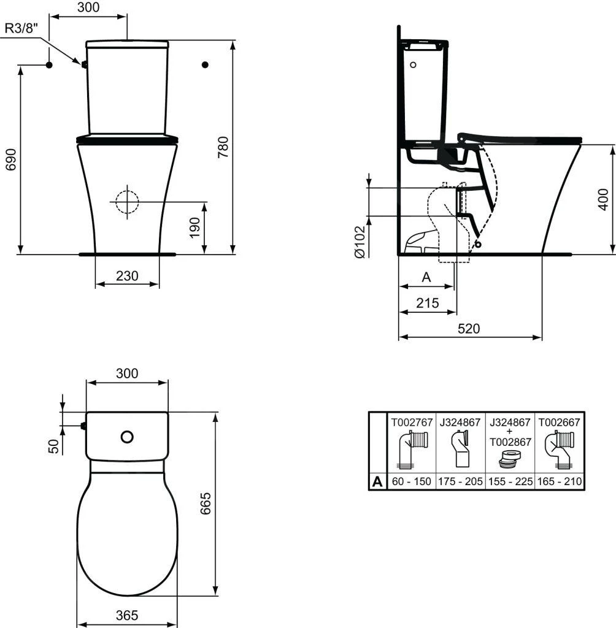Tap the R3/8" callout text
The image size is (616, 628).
point(21,28)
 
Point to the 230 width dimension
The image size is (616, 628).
point(127,277)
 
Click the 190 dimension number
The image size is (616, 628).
point(194,227)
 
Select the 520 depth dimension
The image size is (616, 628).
point(469,329)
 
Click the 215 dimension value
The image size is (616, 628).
point(427,303)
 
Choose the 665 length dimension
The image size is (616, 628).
point(207,504)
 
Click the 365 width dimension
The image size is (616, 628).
point(126,615)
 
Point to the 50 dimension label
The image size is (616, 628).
point(53,446)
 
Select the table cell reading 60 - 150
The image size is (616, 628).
point(410,482)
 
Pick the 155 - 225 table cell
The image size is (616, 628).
point(510,482)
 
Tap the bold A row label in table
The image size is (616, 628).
point(377,482)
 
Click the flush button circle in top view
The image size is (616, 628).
point(127,437)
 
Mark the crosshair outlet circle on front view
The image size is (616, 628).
point(126,201)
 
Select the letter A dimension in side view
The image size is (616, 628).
point(427,277)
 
